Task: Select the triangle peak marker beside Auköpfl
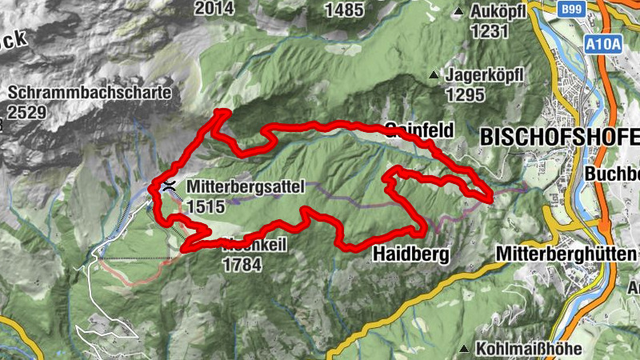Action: tap(459, 13)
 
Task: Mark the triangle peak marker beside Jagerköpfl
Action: tap(434, 76)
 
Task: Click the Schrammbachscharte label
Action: tap(90, 93)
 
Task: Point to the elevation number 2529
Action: tap(26, 112)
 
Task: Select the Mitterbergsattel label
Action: tap(246, 186)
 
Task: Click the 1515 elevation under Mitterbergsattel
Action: tap(204, 206)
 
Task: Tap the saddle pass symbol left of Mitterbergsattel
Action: tap(169, 186)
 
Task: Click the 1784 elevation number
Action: tap(242, 264)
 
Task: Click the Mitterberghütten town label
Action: tap(566, 254)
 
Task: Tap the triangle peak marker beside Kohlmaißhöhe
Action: tap(465, 349)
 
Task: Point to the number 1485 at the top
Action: tap(346, 10)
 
